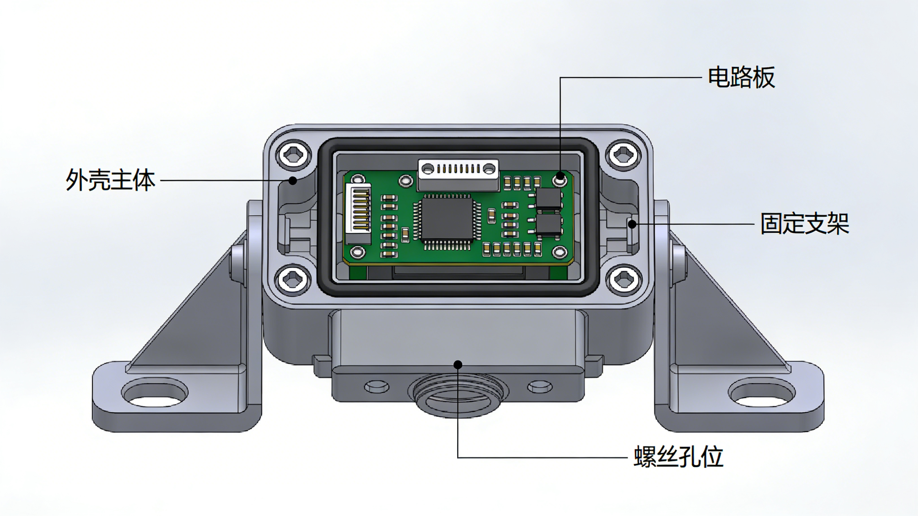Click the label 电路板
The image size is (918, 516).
tap(741, 77)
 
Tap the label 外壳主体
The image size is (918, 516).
tap(111, 180)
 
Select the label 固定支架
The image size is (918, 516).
tap(804, 224)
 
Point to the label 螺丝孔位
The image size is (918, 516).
tap(678, 457)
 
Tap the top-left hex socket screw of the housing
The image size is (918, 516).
tap(293, 155)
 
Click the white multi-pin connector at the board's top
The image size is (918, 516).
tap(458, 168)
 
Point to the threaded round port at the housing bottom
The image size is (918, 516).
tap(458, 396)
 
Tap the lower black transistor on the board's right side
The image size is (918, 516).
tap(549, 225)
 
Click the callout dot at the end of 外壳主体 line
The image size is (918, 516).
tap(293, 181)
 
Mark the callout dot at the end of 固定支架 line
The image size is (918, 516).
tap(632, 224)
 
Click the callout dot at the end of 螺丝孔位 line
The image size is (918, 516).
tap(458, 364)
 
